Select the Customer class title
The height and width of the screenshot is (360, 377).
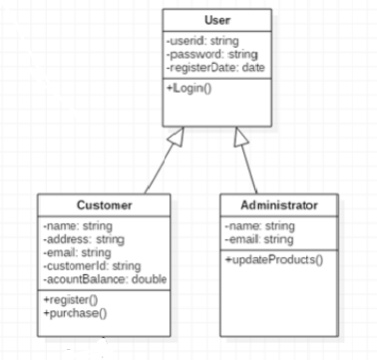coord(105,204)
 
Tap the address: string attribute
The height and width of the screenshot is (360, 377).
coord(83,239)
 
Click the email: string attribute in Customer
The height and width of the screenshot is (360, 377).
coord(76,252)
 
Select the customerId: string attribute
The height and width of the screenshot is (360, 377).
coord(92,265)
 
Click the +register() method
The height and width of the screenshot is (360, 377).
coord(70,299)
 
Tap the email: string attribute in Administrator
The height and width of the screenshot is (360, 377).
coord(258,239)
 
